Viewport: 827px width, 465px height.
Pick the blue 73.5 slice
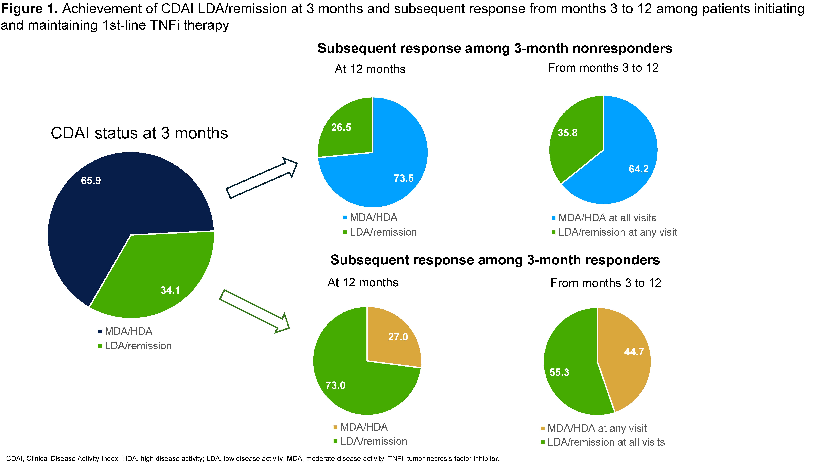(x=392, y=173)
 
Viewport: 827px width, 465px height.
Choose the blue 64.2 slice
(x=626, y=167)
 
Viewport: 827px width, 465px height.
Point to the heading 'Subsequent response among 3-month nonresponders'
(x=494, y=48)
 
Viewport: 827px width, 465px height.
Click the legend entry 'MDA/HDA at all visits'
(x=607, y=218)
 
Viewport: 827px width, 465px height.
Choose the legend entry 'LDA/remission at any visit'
(x=617, y=232)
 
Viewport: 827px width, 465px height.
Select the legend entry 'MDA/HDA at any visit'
(x=596, y=428)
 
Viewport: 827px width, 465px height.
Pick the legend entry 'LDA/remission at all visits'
(x=605, y=442)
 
